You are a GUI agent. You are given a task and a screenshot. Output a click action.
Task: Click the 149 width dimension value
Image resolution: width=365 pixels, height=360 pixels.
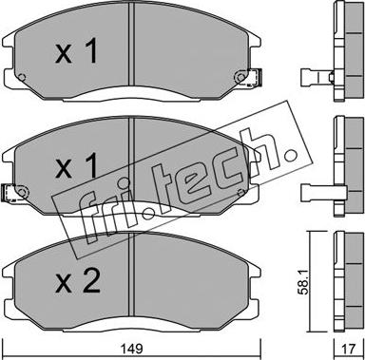133,349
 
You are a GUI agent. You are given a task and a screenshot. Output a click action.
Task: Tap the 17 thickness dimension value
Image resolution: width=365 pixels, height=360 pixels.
349,349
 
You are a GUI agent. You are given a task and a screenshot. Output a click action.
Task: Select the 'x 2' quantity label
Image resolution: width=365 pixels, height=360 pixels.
78,280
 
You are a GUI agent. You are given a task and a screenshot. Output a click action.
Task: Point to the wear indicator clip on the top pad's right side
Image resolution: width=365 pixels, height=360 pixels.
255,78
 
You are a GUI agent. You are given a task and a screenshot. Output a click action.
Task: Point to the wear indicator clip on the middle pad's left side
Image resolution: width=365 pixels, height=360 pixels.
9,193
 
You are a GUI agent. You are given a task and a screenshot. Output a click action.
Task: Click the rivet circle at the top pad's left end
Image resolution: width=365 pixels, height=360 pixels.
22,77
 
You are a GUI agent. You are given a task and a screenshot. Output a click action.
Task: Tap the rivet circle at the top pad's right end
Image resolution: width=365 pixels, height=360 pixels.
240,77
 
